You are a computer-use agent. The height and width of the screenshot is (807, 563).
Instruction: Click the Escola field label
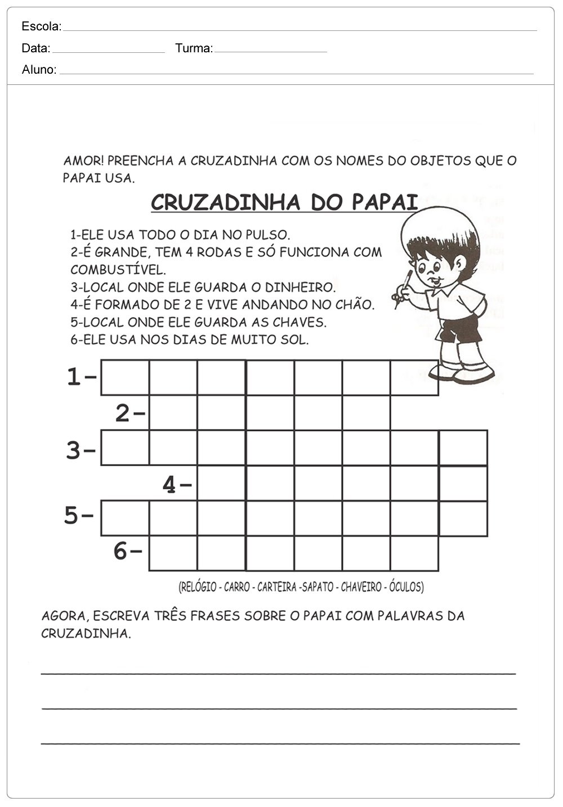click(41, 26)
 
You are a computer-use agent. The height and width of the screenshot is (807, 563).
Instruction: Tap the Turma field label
click(194, 48)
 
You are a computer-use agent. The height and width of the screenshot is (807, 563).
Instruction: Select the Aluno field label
click(39, 70)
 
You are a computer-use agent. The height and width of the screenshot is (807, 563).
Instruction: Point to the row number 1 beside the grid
click(74, 377)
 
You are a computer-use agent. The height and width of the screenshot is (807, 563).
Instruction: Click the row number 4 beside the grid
click(169, 484)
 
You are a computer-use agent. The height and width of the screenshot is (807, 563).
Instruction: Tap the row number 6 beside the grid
click(120, 552)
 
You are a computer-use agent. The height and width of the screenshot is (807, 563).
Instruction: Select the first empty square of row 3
click(125, 448)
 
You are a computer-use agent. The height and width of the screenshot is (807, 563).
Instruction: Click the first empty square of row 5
click(125, 518)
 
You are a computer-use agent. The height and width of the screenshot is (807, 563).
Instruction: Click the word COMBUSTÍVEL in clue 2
click(118, 269)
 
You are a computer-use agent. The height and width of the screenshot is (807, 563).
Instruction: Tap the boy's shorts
click(459, 329)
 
